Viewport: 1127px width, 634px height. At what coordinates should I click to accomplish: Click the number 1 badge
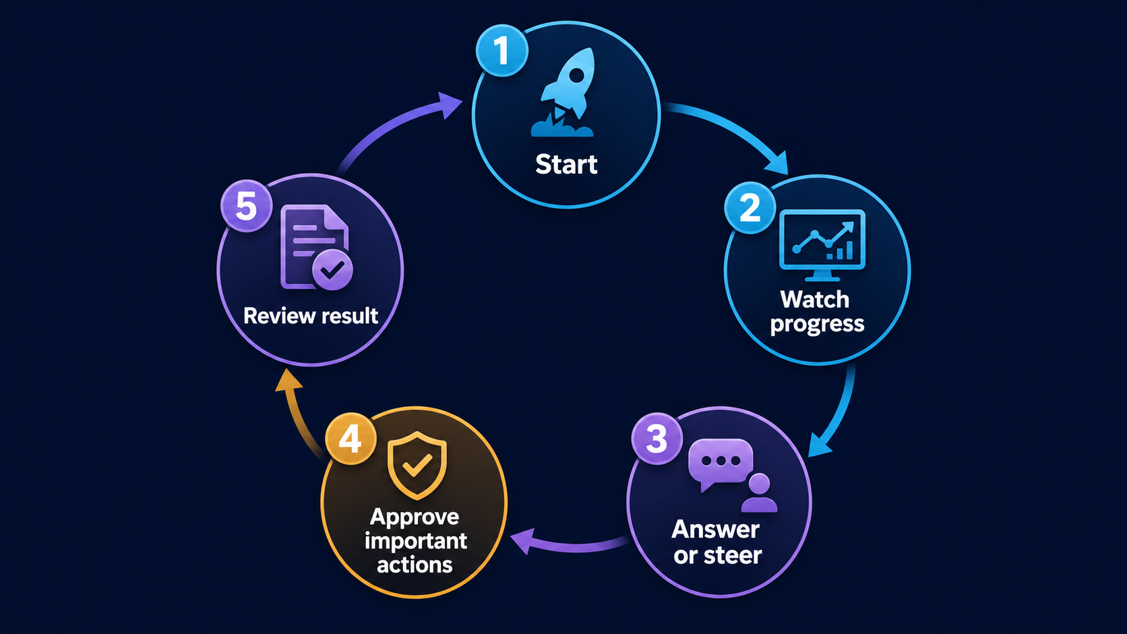pyautogui.click(x=501, y=51)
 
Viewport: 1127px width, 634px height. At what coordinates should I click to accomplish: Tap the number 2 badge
pyautogui.click(x=750, y=208)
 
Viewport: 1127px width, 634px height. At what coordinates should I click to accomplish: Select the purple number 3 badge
pyautogui.click(x=657, y=439)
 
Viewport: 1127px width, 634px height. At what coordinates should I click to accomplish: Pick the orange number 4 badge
pyautogui.click(x=351, y=439)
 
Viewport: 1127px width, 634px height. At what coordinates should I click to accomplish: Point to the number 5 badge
pyautogui.click(x=246, y=205)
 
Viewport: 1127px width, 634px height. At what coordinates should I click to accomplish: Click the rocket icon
pyautogui.click(x=564, y=92)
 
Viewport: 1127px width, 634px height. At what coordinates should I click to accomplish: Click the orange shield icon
pyautogui.click(x=417, y=466)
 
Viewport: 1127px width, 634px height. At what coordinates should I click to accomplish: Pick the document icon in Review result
pyautogui.click(x=314, y=247)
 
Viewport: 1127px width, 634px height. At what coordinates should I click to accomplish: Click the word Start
pyautogui.click(x=566, y=164)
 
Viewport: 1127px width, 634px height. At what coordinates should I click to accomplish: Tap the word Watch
pyautogui.click(x=814, y=300)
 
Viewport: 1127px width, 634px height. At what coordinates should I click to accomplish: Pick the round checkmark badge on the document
pyautogui.click(x=332, y=270)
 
